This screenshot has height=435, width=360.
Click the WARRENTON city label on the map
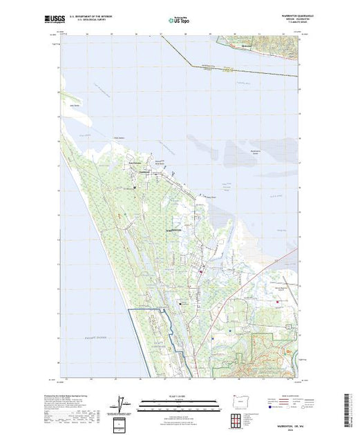point(173,229)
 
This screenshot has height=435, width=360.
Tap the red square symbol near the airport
point(278,302)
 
